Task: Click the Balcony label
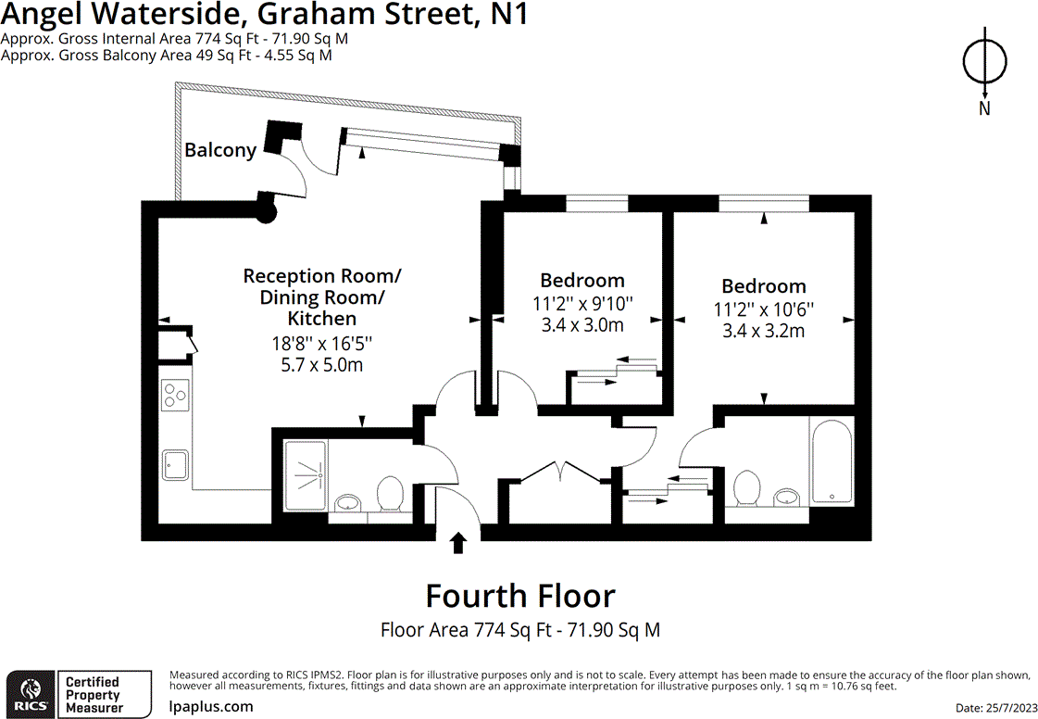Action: coord(220,150)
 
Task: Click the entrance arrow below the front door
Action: coord(457,542)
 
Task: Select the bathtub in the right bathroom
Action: coord(832,460)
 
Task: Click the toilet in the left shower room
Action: coord(389,493)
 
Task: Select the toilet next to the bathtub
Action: coord(745,487)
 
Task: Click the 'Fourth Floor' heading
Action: coord(519,596)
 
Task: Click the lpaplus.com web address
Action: coord(211,706)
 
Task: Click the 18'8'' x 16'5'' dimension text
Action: coord(321,343)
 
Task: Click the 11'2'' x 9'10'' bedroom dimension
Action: coord(582,303)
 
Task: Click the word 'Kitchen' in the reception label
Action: coord(321,319)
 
